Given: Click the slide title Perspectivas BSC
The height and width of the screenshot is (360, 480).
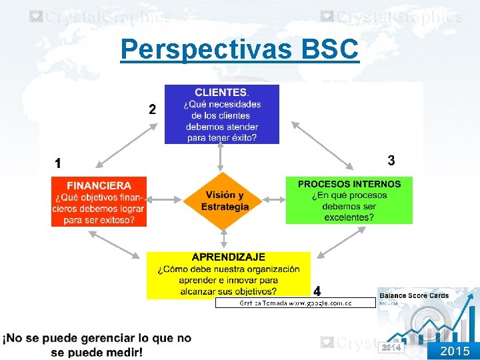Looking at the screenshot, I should (239, 49).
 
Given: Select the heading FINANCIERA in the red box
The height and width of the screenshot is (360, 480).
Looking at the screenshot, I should (99, 185).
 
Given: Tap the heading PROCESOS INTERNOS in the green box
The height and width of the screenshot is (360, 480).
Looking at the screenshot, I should (349, 184).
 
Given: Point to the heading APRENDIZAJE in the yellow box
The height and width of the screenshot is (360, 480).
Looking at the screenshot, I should (228, 257).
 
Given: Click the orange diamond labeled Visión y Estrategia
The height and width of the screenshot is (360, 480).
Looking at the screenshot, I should (225, 201).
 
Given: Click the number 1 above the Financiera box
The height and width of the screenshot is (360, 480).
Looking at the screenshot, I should (58, 163).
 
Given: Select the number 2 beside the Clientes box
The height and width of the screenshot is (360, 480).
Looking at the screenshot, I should (153, 109).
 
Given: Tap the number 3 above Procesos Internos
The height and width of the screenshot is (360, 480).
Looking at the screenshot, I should (391, 161).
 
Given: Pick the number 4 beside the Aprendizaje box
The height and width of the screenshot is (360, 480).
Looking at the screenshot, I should (317, 291).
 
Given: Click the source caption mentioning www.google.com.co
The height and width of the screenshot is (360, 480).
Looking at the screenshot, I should (295, 303).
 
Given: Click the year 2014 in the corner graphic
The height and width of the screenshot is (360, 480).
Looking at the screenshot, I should (391, 348).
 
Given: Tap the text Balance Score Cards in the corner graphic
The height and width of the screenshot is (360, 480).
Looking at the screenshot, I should (413, 295).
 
